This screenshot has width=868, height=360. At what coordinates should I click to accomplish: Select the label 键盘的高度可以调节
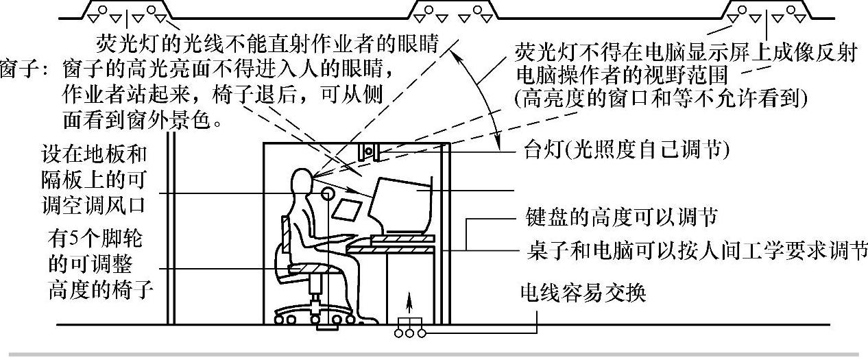point(616,218)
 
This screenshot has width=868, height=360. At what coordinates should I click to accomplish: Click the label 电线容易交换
point(582,293)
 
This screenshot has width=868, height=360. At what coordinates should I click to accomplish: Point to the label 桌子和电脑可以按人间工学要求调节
point(692,248)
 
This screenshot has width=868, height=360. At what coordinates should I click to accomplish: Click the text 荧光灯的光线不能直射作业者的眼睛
point(267,34)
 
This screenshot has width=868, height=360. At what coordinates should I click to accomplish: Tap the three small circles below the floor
point(410,333)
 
